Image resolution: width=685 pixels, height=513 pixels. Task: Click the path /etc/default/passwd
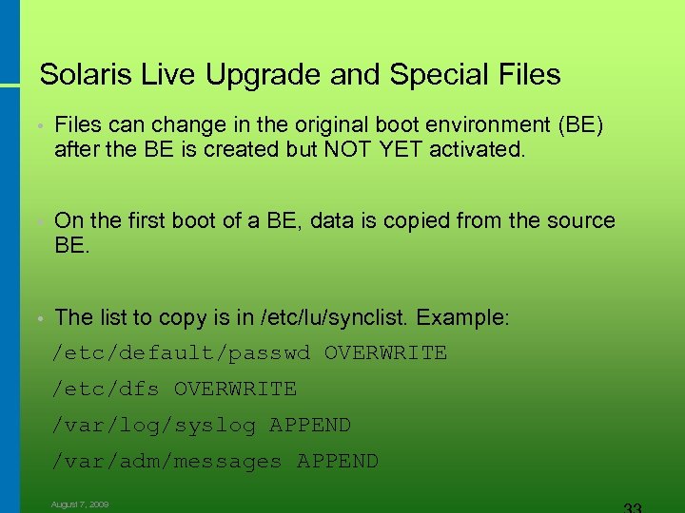tap(181, 353)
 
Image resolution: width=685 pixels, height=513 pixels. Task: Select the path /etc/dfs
tap(106, 389)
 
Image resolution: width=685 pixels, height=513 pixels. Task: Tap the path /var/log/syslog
tap(154, 426)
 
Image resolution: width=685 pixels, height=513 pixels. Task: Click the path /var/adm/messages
tap(167, 462)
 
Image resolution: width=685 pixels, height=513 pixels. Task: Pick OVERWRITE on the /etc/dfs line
tap(235, 389)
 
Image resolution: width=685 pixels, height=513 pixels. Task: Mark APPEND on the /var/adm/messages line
tap(338, 462)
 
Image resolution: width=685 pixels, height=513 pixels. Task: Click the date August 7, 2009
tap(80, 504)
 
